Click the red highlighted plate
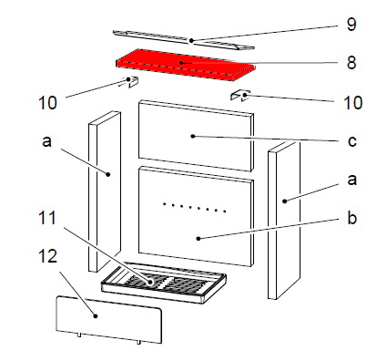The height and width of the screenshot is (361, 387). [185, 65]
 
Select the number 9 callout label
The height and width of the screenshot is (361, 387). [351, 24]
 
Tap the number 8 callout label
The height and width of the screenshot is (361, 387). [351, 63]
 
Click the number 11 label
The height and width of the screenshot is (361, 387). [47, 218]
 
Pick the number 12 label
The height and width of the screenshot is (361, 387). [47, 256]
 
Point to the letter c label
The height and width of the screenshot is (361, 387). [351, 141]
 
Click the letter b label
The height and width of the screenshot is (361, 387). [351, 218]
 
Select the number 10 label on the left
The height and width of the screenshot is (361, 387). [47, 103]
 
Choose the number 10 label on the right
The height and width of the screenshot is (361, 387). [353, 103]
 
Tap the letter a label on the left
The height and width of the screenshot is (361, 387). [46, 141]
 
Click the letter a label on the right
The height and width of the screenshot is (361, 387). [351, 180]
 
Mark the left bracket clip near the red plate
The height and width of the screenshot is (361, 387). [131, 81]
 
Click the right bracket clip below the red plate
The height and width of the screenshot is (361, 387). [240, 96]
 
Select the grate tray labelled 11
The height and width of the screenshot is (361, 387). [164, 283]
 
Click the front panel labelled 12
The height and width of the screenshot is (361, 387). [109, 320]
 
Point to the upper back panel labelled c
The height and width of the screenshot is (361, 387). [196, 136]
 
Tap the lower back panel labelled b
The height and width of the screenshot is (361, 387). [196, 216]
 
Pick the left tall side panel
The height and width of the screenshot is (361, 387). [105, 191]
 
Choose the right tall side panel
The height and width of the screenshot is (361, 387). [284, 221]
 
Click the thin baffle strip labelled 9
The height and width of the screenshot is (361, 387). [184, 40]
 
